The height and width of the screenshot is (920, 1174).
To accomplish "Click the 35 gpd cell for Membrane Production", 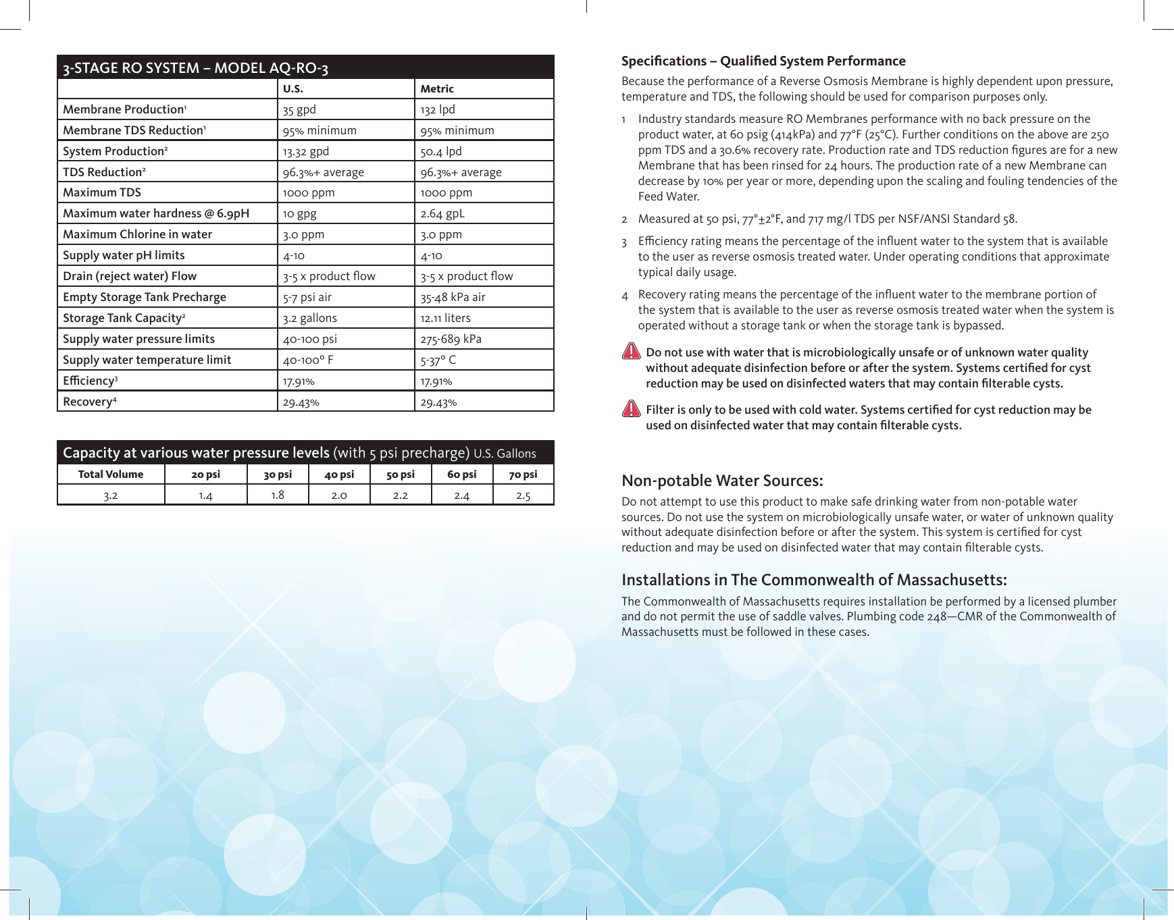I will coord(299,109).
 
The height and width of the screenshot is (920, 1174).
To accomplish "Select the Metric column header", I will coord(437,88).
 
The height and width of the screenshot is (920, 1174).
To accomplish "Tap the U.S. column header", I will coord(293,88).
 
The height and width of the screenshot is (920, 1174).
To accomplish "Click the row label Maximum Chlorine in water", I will coord(137,234).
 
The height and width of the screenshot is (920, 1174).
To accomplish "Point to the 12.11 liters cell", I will coord(445,318).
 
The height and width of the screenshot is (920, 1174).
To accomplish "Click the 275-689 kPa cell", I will coord(451,339).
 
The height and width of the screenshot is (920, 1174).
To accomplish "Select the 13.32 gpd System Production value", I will coord(306,151).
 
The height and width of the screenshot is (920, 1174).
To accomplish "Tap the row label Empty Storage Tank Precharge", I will coord(145,297).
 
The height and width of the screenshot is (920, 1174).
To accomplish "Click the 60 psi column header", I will coord(462,474).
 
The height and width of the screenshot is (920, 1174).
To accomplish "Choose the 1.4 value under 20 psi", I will coord(205,495).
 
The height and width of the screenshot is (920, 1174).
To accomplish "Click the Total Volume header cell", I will coord(111,474).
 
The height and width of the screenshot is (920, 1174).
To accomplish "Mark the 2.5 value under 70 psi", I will coord(524,495).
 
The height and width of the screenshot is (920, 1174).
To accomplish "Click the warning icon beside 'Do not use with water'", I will coord(631,352).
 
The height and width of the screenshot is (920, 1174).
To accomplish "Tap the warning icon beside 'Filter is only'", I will coord(631,409).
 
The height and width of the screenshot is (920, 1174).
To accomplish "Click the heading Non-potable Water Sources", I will coord(722,481).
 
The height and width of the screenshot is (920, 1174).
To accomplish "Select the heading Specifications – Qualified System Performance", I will coord(763,61).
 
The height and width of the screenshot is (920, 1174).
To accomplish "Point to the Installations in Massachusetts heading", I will coord(814,580).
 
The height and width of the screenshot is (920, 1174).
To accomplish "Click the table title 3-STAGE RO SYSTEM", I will coord(196,67).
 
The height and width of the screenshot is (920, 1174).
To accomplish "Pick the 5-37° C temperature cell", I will coord(438,360).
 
